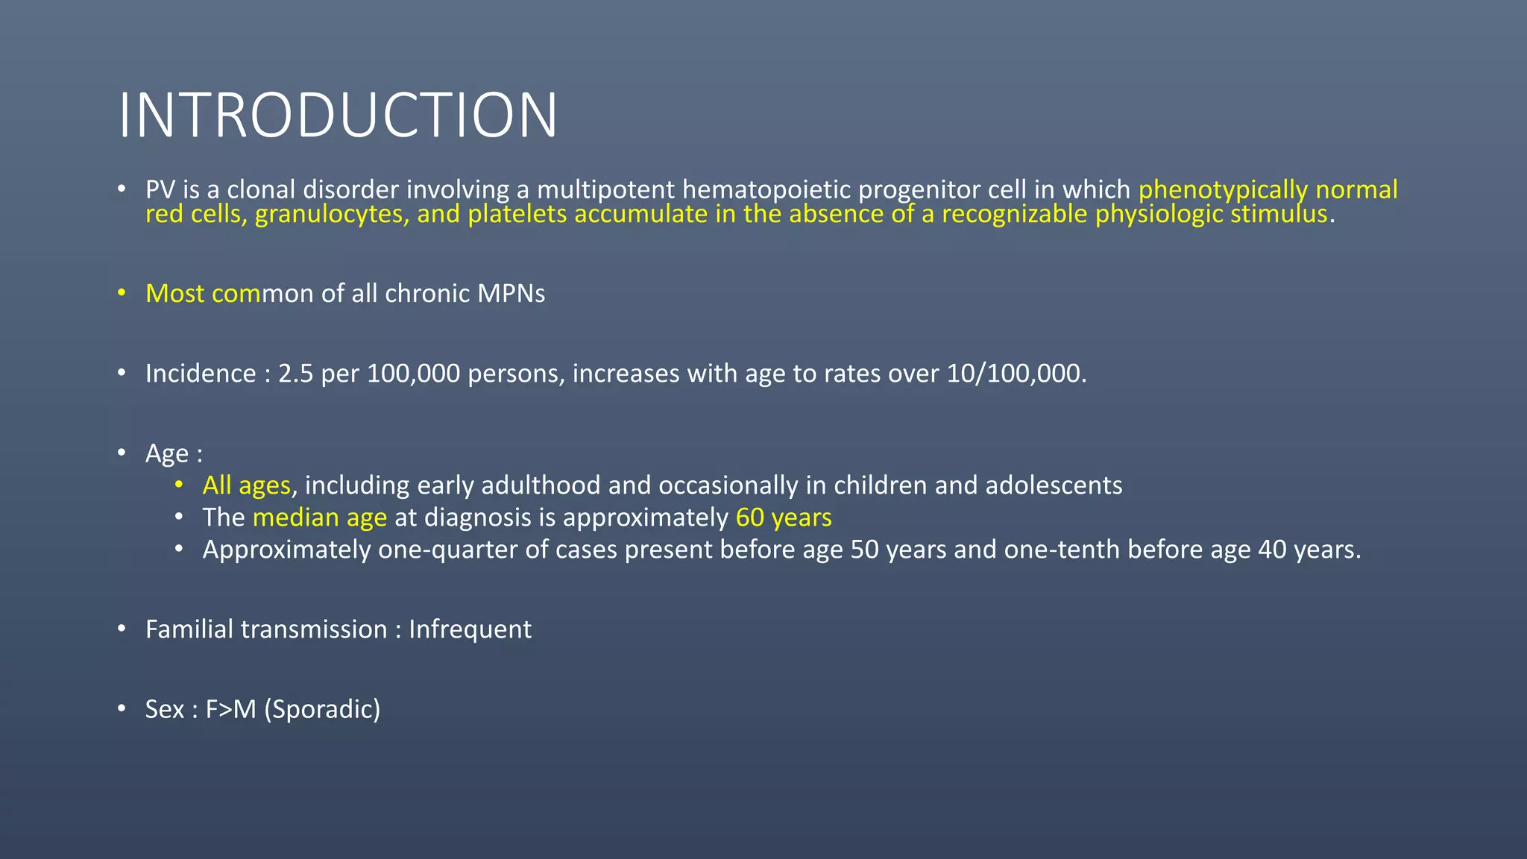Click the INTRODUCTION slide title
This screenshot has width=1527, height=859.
point(338,116)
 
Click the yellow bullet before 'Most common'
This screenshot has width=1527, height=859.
point(122,294)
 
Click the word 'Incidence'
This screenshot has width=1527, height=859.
point(201,374)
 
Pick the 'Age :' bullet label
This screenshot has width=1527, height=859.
point(174,453)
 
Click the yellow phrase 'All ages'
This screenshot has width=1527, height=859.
point(246,485)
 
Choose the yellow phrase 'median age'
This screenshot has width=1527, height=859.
point(320,517)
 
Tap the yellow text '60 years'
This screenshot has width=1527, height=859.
point(784,517)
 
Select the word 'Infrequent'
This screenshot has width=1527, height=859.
point(470,629)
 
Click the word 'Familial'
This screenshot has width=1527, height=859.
point(189,629)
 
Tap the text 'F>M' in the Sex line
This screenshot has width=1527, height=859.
point(230,709)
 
